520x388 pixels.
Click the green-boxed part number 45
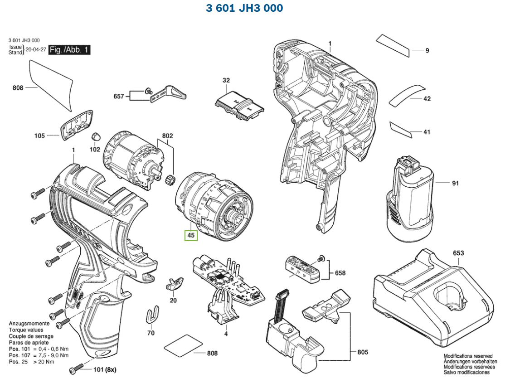pos(191,236)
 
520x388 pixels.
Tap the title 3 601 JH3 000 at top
pos(244,8)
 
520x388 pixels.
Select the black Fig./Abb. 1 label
pos(69,50)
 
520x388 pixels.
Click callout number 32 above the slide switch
pos(226,81)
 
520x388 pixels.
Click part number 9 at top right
pos(427,51)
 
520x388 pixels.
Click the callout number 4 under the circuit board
pos(225,334)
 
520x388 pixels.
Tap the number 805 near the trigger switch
pos(363,352)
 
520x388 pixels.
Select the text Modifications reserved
pos(468,356)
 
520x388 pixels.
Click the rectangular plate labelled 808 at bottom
pos(179,345)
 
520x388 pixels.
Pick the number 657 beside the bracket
pos(119,96)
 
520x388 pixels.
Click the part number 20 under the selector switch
pos(173,300)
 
